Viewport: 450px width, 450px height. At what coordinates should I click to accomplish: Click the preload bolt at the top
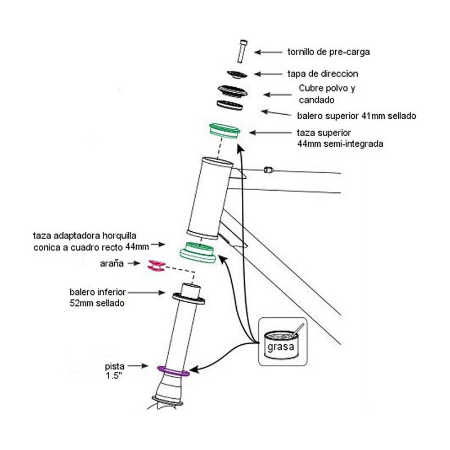coord(242,51)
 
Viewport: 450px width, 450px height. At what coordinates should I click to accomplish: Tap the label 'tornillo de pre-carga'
coord(328,52)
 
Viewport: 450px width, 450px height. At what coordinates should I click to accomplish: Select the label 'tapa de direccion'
coord(322,74)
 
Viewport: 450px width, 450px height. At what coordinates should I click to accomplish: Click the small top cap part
coord(237,75)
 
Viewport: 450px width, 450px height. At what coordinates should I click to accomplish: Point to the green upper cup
coord(224,130)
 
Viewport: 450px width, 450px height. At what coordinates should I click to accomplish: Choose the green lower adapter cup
coord(198,253)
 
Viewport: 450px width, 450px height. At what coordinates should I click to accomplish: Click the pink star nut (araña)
coord(156,265)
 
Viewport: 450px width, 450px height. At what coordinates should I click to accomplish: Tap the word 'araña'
coord(111,263)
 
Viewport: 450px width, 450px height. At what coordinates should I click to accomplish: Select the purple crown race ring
coord(173,371)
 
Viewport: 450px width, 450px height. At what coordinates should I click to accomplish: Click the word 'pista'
coord(115,366)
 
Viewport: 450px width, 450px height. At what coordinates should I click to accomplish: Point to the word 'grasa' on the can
coord(281,346)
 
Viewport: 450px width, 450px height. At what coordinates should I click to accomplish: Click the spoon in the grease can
coord(298,330)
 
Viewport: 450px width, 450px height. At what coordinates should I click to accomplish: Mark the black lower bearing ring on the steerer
coord(188,299)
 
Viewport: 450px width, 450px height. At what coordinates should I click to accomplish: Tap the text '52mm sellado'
coord(97,303)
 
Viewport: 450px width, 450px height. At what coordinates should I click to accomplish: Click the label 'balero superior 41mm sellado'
coord(357,116)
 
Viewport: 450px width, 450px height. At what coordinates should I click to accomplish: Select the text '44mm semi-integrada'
coord(340,143)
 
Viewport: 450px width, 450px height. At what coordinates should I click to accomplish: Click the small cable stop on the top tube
coord(268,170)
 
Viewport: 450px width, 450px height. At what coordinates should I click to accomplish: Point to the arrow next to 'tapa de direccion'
coord(268,74)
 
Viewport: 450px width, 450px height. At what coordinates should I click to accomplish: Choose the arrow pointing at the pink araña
coord(134,263)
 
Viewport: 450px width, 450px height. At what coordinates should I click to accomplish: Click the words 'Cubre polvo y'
coord(327,88)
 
